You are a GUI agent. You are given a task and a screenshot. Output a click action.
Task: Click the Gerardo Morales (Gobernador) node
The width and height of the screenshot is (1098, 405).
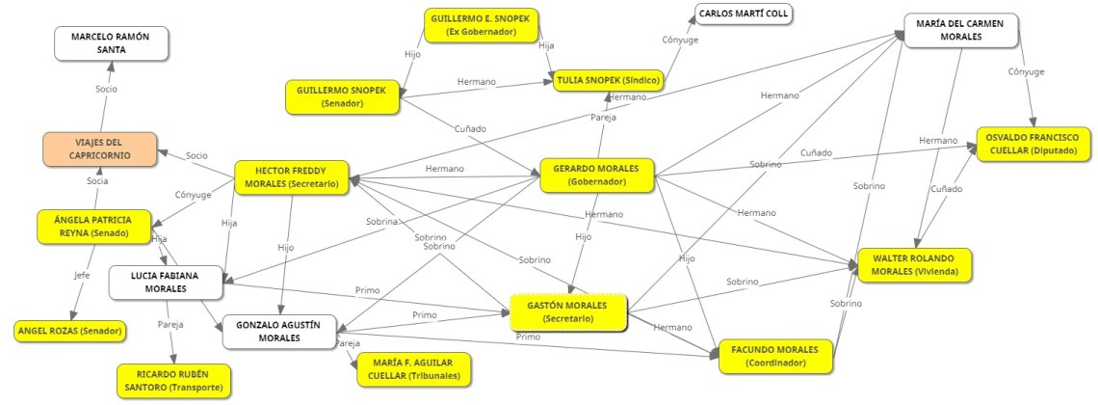point(596,175)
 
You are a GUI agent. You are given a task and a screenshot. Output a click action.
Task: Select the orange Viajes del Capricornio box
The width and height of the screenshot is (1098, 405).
point(99,148)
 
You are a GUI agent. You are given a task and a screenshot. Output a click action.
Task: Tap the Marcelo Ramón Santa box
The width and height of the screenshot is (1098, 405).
point(112,43)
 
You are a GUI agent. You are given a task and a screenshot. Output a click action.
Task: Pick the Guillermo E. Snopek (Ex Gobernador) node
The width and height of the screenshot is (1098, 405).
point(482,25)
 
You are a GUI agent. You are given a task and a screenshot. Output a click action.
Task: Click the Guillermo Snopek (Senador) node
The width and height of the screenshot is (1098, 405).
point(342,96)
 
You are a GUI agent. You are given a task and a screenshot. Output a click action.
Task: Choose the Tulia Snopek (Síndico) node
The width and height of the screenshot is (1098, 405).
point(608,80)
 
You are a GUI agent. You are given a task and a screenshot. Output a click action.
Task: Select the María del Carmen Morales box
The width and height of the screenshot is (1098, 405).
point(961,30)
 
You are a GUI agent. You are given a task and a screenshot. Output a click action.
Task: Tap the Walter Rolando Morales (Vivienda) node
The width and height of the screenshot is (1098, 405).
point(915,265)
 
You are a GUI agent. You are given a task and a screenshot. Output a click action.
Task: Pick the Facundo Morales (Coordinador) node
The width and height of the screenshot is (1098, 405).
point(773,355)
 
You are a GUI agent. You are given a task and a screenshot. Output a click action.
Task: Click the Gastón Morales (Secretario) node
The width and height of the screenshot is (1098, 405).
point(569,311)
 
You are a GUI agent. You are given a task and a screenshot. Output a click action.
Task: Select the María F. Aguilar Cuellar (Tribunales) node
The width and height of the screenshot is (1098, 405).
point(413,368)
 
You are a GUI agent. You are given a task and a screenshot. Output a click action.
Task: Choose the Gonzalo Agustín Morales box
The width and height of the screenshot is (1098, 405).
point(279,332)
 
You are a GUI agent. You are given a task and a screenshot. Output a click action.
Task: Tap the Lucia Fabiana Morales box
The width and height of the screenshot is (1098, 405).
point(166,282)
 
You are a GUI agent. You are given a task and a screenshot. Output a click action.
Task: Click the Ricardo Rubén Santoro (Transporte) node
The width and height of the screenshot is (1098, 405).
point(173,381)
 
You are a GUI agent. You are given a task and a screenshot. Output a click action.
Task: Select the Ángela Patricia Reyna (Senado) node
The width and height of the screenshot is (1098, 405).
point(97,226)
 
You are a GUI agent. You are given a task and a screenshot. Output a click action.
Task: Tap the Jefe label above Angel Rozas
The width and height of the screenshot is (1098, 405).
point(83,275)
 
